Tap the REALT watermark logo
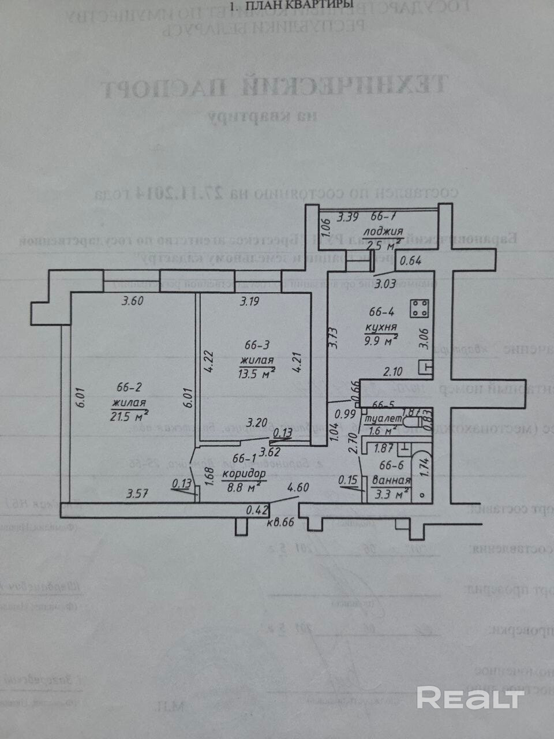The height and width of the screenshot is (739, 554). click(x=470, y=698)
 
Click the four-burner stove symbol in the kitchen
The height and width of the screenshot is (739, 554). click(x=420, y=308)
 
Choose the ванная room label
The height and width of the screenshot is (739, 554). click(x=392, y=480)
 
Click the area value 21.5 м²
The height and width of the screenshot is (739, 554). click(x=130, y=416)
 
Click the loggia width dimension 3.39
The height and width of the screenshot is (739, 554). click(x=348, y=218)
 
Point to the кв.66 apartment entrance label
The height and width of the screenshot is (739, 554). click(x=280, y=522)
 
